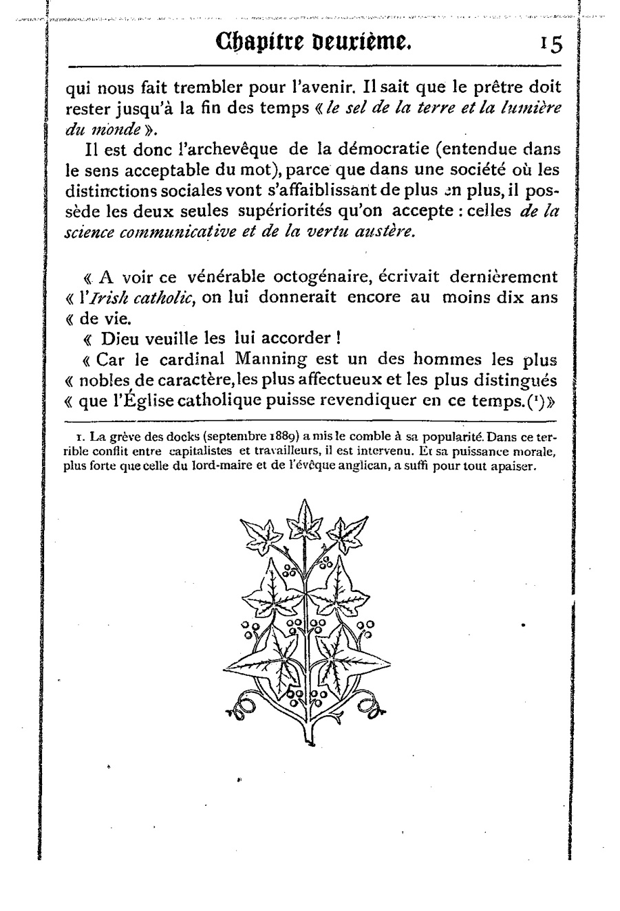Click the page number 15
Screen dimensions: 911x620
(x=551, y=44)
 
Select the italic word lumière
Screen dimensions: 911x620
(x=533, y=109)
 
